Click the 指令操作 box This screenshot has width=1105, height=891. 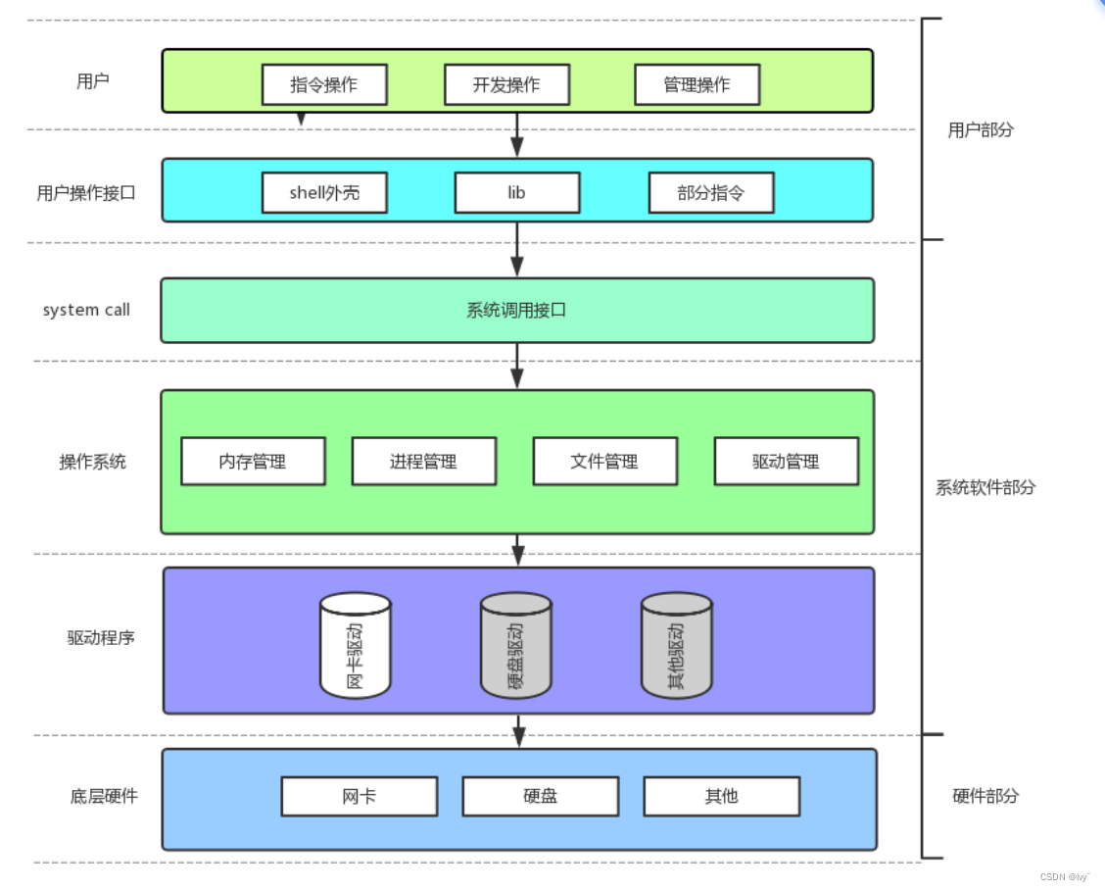tap(324, 84)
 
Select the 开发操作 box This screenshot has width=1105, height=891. tap(506, 84)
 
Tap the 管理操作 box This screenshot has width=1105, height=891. tap(697, 84)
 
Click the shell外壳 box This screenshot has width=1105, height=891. tap(324, 192)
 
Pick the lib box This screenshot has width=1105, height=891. tap(517, 192)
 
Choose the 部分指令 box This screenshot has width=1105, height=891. tap(711, 192)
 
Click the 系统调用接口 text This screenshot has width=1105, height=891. tap(516, 310)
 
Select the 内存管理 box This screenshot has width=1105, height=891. tap(253, 461)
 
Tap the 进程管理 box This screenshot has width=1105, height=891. tap(423, 461)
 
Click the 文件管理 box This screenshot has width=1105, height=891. tap(605, 461)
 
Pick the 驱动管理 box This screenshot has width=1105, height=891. tap(787, 461)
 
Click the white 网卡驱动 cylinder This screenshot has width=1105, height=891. tap(356, 645)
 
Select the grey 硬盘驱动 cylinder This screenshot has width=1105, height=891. tap(516, 645)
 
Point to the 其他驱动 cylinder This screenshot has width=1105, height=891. tap(677, 645)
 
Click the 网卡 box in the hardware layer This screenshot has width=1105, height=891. tap(360, 797)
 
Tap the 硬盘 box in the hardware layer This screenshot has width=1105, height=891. tap(541, 797)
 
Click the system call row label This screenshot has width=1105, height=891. tap(86, 310)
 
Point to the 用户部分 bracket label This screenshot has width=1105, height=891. tap(981, 129)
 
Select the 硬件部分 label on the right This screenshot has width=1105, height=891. tap(985, 796)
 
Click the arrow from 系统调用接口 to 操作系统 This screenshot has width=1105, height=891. tap(517, 367)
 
